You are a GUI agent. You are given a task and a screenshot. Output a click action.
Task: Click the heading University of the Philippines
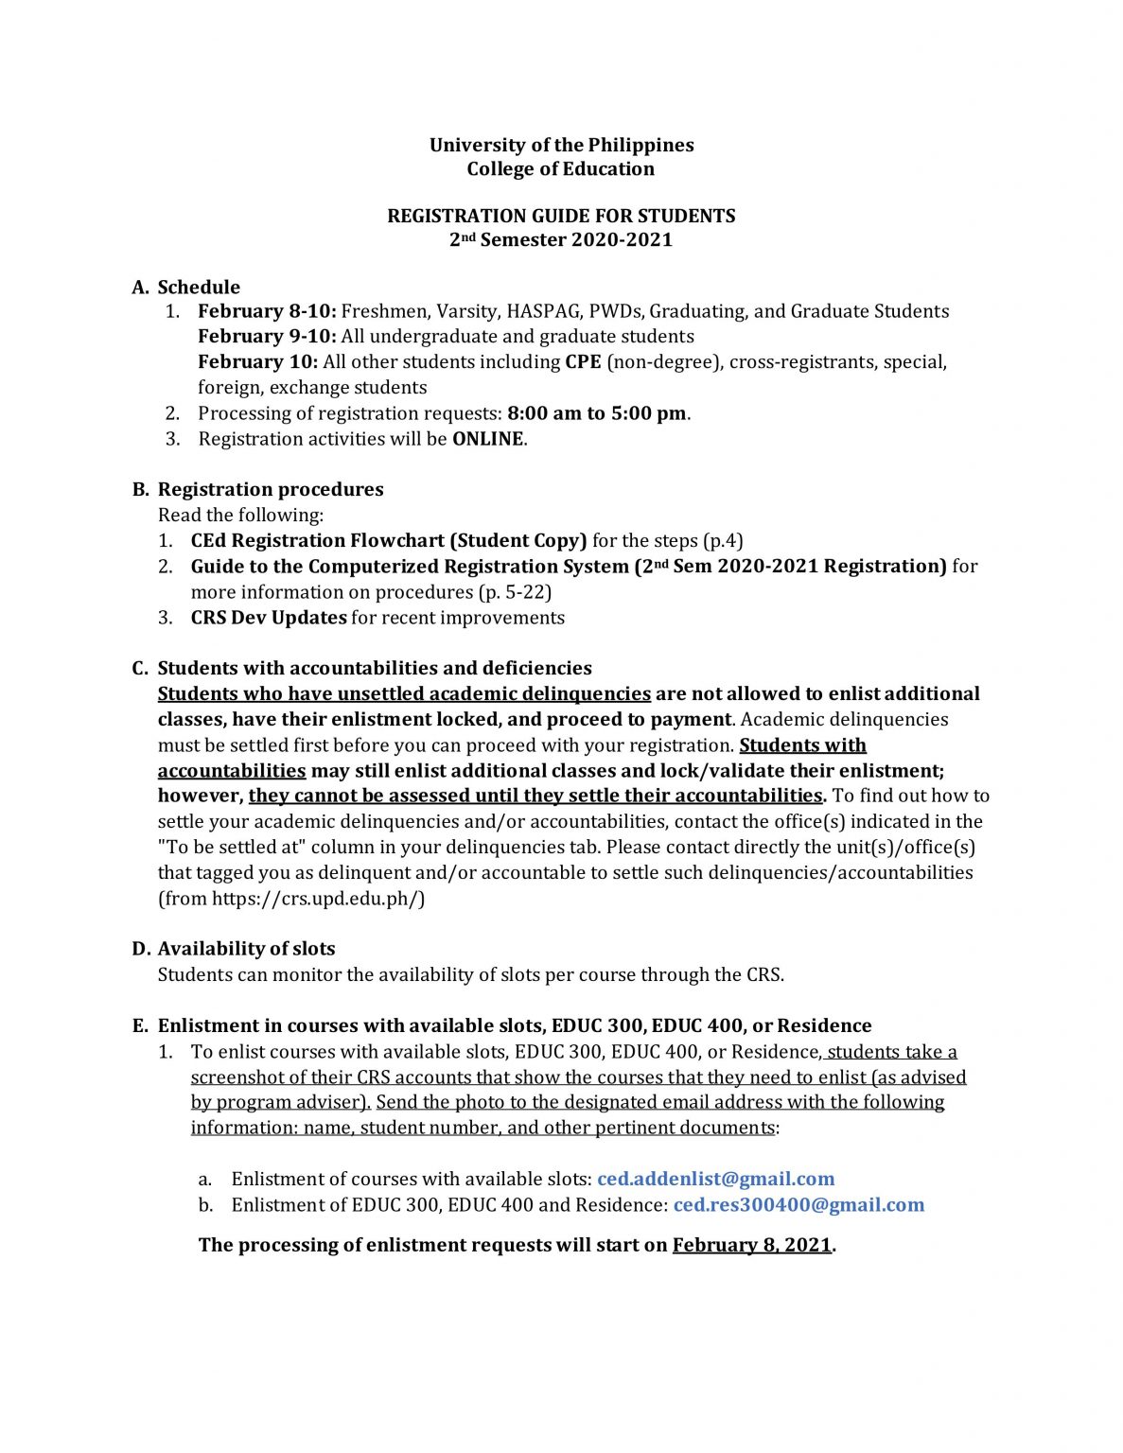pyautogui.click(x=561, y=145)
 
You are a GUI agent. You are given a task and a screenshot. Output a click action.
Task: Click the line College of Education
pyautogui.click(x=561, y=169)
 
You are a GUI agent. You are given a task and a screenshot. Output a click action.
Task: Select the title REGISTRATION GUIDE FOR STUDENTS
pyautogui.click(x=561, y=216)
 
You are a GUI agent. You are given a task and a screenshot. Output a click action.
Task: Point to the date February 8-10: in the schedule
pyautogui.click(x=267, y=311)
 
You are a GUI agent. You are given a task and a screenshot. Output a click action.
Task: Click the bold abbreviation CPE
pyautogui.click(x=583, y=362)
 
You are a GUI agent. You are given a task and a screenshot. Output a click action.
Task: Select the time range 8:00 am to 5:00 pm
pyautogui.click(x=596, y=413)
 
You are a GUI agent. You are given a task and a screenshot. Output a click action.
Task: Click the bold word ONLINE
pyautogui.click(x=487, y=439)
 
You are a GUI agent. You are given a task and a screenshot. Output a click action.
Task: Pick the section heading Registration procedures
pyautogui.click(x=271, y=490)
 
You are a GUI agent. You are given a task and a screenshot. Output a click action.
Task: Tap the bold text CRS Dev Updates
pyautogui.click(x=269, y=618)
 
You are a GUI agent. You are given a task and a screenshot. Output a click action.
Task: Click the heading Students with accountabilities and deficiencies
pyautogui.click(x=375, y=669)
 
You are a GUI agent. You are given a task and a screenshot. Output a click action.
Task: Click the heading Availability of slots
pyautogui.click(x=246, y=949)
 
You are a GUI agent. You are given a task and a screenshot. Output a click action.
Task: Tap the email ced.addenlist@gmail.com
pyautogui.click(x=715, y=1180)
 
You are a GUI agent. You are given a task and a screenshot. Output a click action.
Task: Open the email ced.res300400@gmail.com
pyautogui.click(x=798, y=1205)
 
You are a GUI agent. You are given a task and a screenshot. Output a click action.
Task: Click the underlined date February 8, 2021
pyautogui.click(x=752, y=1246)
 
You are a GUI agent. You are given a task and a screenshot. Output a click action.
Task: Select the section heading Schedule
pyautogui.click(x=199, y=288)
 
